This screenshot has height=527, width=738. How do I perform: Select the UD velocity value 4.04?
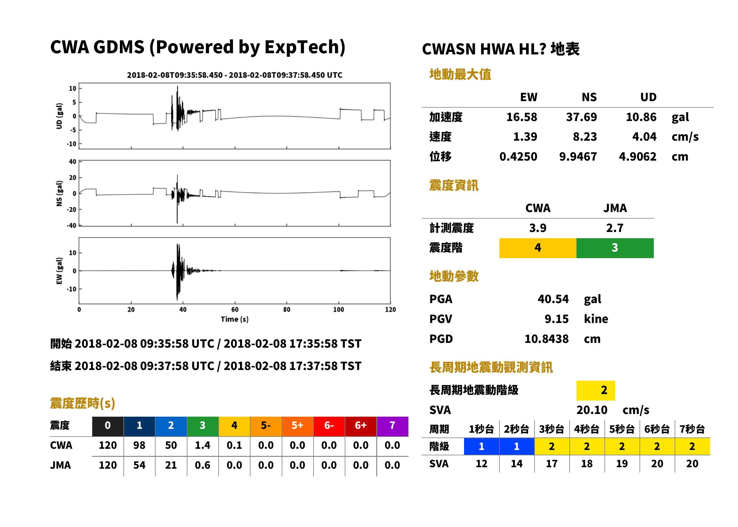pyautogui.click(x=644, y=137)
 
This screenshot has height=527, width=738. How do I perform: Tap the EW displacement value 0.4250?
pyautogui.click(x=518, y=157)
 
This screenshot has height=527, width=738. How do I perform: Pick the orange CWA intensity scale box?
pyautogui.click(x=538, y=248)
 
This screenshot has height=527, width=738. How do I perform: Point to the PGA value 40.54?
pyautogui.click(x=553, y=299)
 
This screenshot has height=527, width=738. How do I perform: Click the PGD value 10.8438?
pyautogui.click(x=546, y=339)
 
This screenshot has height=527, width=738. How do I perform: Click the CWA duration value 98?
pyautogui.click(x=139, y=445)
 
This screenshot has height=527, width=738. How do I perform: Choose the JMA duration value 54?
pyautogui.click(x=139, y=465)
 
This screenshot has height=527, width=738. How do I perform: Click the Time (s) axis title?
pyautogui.click(x=235, y=319)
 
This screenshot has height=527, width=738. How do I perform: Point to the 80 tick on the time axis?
pyautogui.click(x=286, y=310)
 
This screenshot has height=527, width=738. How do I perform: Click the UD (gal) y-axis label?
pyautogui.click(x=59, y=116)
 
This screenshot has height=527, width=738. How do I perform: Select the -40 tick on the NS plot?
pyautogui.click(x=71, y=225)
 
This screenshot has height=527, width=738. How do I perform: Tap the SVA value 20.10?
pyautogui.click(x=592, y=410)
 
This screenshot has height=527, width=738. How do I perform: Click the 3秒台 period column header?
pyautogui.click(x=551, y=429)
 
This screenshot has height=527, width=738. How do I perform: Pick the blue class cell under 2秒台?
pyautogui.click(x=517, y=446)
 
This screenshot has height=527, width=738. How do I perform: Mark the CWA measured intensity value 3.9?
pyautogui.click(x=538, y=228)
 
